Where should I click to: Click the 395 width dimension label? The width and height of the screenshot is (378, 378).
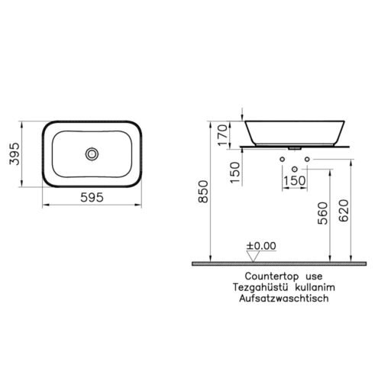pyautogui.click(x=15, y=153)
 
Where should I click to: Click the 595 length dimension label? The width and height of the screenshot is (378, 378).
pyautogui.click(x=92, y=197)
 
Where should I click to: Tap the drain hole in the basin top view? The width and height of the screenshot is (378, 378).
pyautogui.click(x=92, y=153)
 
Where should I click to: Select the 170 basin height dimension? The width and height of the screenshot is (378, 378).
pyautogui.click(x=222, y=135)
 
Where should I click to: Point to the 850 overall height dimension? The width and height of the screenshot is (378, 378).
pyautogui.click(x=203, y=192)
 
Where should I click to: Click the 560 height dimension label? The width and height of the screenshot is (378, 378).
pyautogui.click(x=323, y=213)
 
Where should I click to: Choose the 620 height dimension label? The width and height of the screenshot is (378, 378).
pyautogui.click(x=344, y=211)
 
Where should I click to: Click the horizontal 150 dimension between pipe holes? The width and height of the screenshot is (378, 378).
pyautogui.click(x=294, y=181)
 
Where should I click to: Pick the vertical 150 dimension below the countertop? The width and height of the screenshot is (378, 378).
pyautogui.click(x=235, y=173)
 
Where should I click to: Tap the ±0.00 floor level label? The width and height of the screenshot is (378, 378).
pyautogui.click(x=261, y=246)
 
